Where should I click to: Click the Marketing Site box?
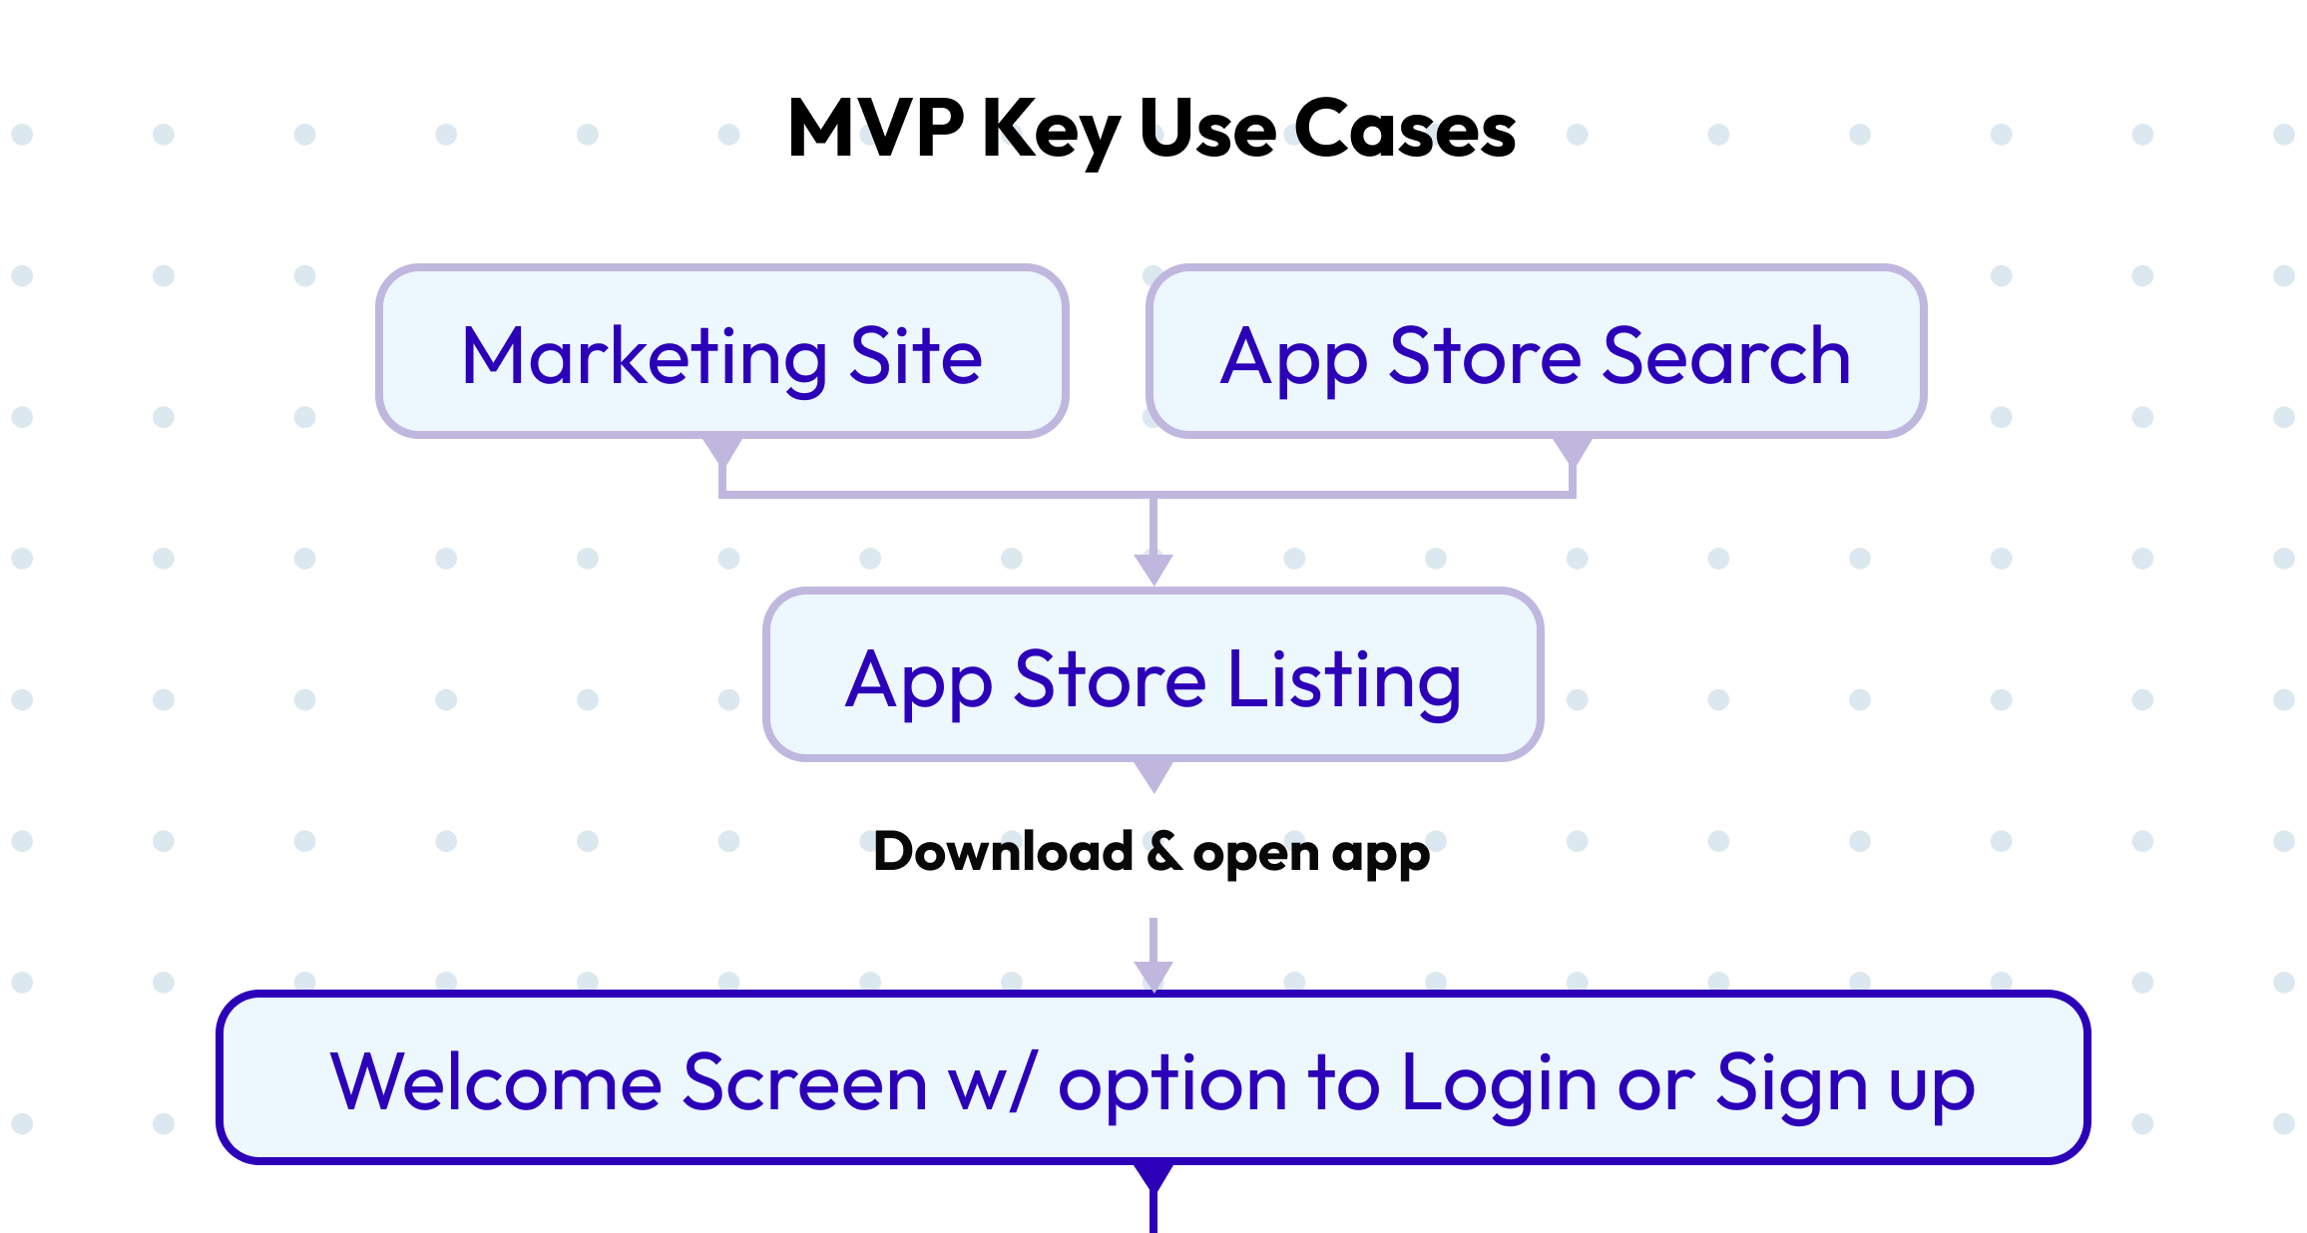(x=721, y=351)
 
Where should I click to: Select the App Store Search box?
(x=1536, y=351)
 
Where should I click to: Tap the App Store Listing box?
(x=1153, y=674)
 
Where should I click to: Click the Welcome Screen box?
(x=1153, y=1077)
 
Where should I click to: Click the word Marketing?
(x=645, y=357)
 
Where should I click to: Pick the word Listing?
(x=1344, y=680)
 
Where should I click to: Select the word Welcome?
(x=496, y=1083)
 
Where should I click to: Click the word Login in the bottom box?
(x=1499, y=1083)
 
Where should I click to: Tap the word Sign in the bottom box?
(x=1791, y=1083)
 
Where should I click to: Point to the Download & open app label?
(x=1153, y=853)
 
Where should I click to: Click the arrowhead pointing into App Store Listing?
(x=1153, y=569)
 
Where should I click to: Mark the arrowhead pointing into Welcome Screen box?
(x=1153, y=976)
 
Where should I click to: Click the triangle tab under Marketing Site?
(x=722, y=450)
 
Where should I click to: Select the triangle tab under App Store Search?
(x=1573, y=450)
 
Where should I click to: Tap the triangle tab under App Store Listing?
(x=1153, y=774)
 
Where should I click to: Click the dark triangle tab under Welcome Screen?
(x=1153, y=1176)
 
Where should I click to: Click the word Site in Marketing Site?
(x=915, y=357)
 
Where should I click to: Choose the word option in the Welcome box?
(x=1172, y=1083)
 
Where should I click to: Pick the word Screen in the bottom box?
(x=804, y=1083)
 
